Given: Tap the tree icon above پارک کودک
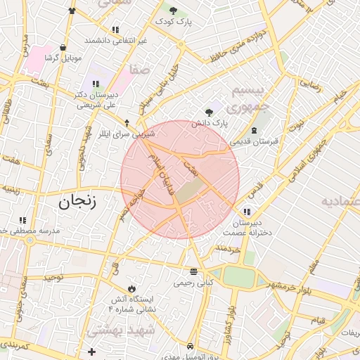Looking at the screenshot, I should (x=174, y=10).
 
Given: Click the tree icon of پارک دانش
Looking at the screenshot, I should (x=208, y=111).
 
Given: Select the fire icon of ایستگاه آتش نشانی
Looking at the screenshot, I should (x=131, y=288).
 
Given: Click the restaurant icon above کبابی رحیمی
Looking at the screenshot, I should (x=193, y=271).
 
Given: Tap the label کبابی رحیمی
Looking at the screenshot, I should (x=193, y=283).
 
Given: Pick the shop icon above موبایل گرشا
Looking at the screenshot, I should (x=64, y=47).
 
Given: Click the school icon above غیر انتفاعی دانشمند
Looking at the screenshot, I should (x=115, y=30).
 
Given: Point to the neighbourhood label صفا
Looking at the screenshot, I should (x=138, y=70).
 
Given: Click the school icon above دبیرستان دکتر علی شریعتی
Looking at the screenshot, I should (x=96, y=84).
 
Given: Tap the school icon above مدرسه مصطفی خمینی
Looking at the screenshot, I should (x=23, y=219).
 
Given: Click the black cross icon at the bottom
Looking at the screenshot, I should (x=91, y=351).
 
